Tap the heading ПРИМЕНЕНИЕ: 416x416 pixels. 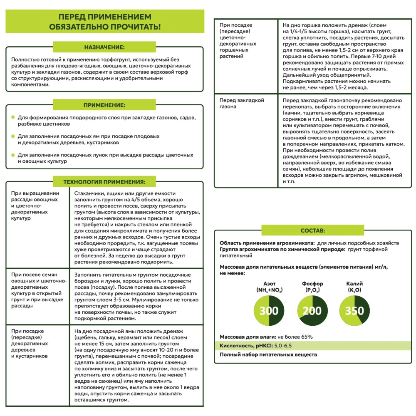(x=104, y=105)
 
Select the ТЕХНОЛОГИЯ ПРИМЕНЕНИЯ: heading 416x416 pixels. (x=104, y=182)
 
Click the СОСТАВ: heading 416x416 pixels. (x=312, y=230)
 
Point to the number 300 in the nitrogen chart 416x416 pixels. (x=269, y=311)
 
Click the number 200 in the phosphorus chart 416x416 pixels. (x=312, y=311)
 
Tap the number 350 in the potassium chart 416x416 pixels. (x=354, y=311)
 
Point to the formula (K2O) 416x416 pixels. (x=354, y=290)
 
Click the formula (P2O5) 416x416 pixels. (x=312, y=290)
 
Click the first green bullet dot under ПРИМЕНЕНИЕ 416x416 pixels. (x=13, y=118)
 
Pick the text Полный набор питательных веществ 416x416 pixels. (x=268, y=355)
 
